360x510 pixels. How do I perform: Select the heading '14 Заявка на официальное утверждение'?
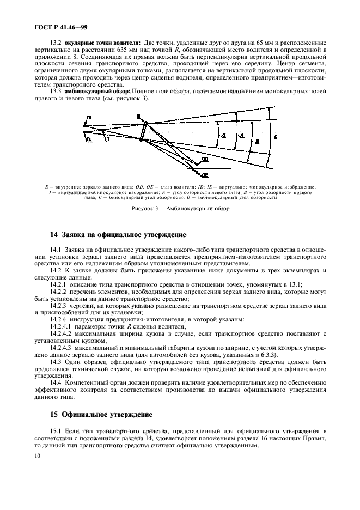[118, 235]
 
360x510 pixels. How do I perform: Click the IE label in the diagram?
[89, 139]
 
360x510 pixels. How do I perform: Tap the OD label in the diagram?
[205, 159]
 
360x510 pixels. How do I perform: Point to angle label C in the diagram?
[223, 132]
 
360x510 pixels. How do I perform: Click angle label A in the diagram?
[242, 134]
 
